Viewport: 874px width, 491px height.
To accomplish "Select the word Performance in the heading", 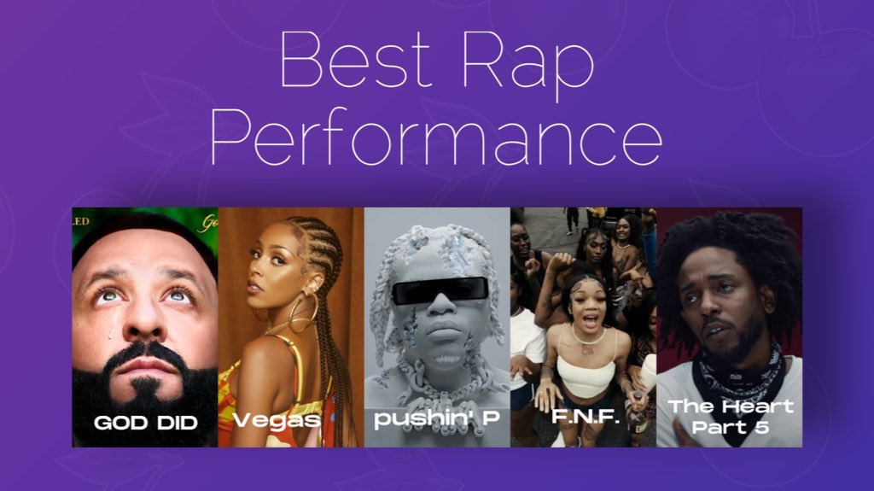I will point(436,138).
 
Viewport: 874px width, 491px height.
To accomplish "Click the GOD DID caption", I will point(145,422).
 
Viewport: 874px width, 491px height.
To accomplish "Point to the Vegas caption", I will point(277,421).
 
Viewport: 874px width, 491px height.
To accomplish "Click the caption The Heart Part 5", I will point(730,416).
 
